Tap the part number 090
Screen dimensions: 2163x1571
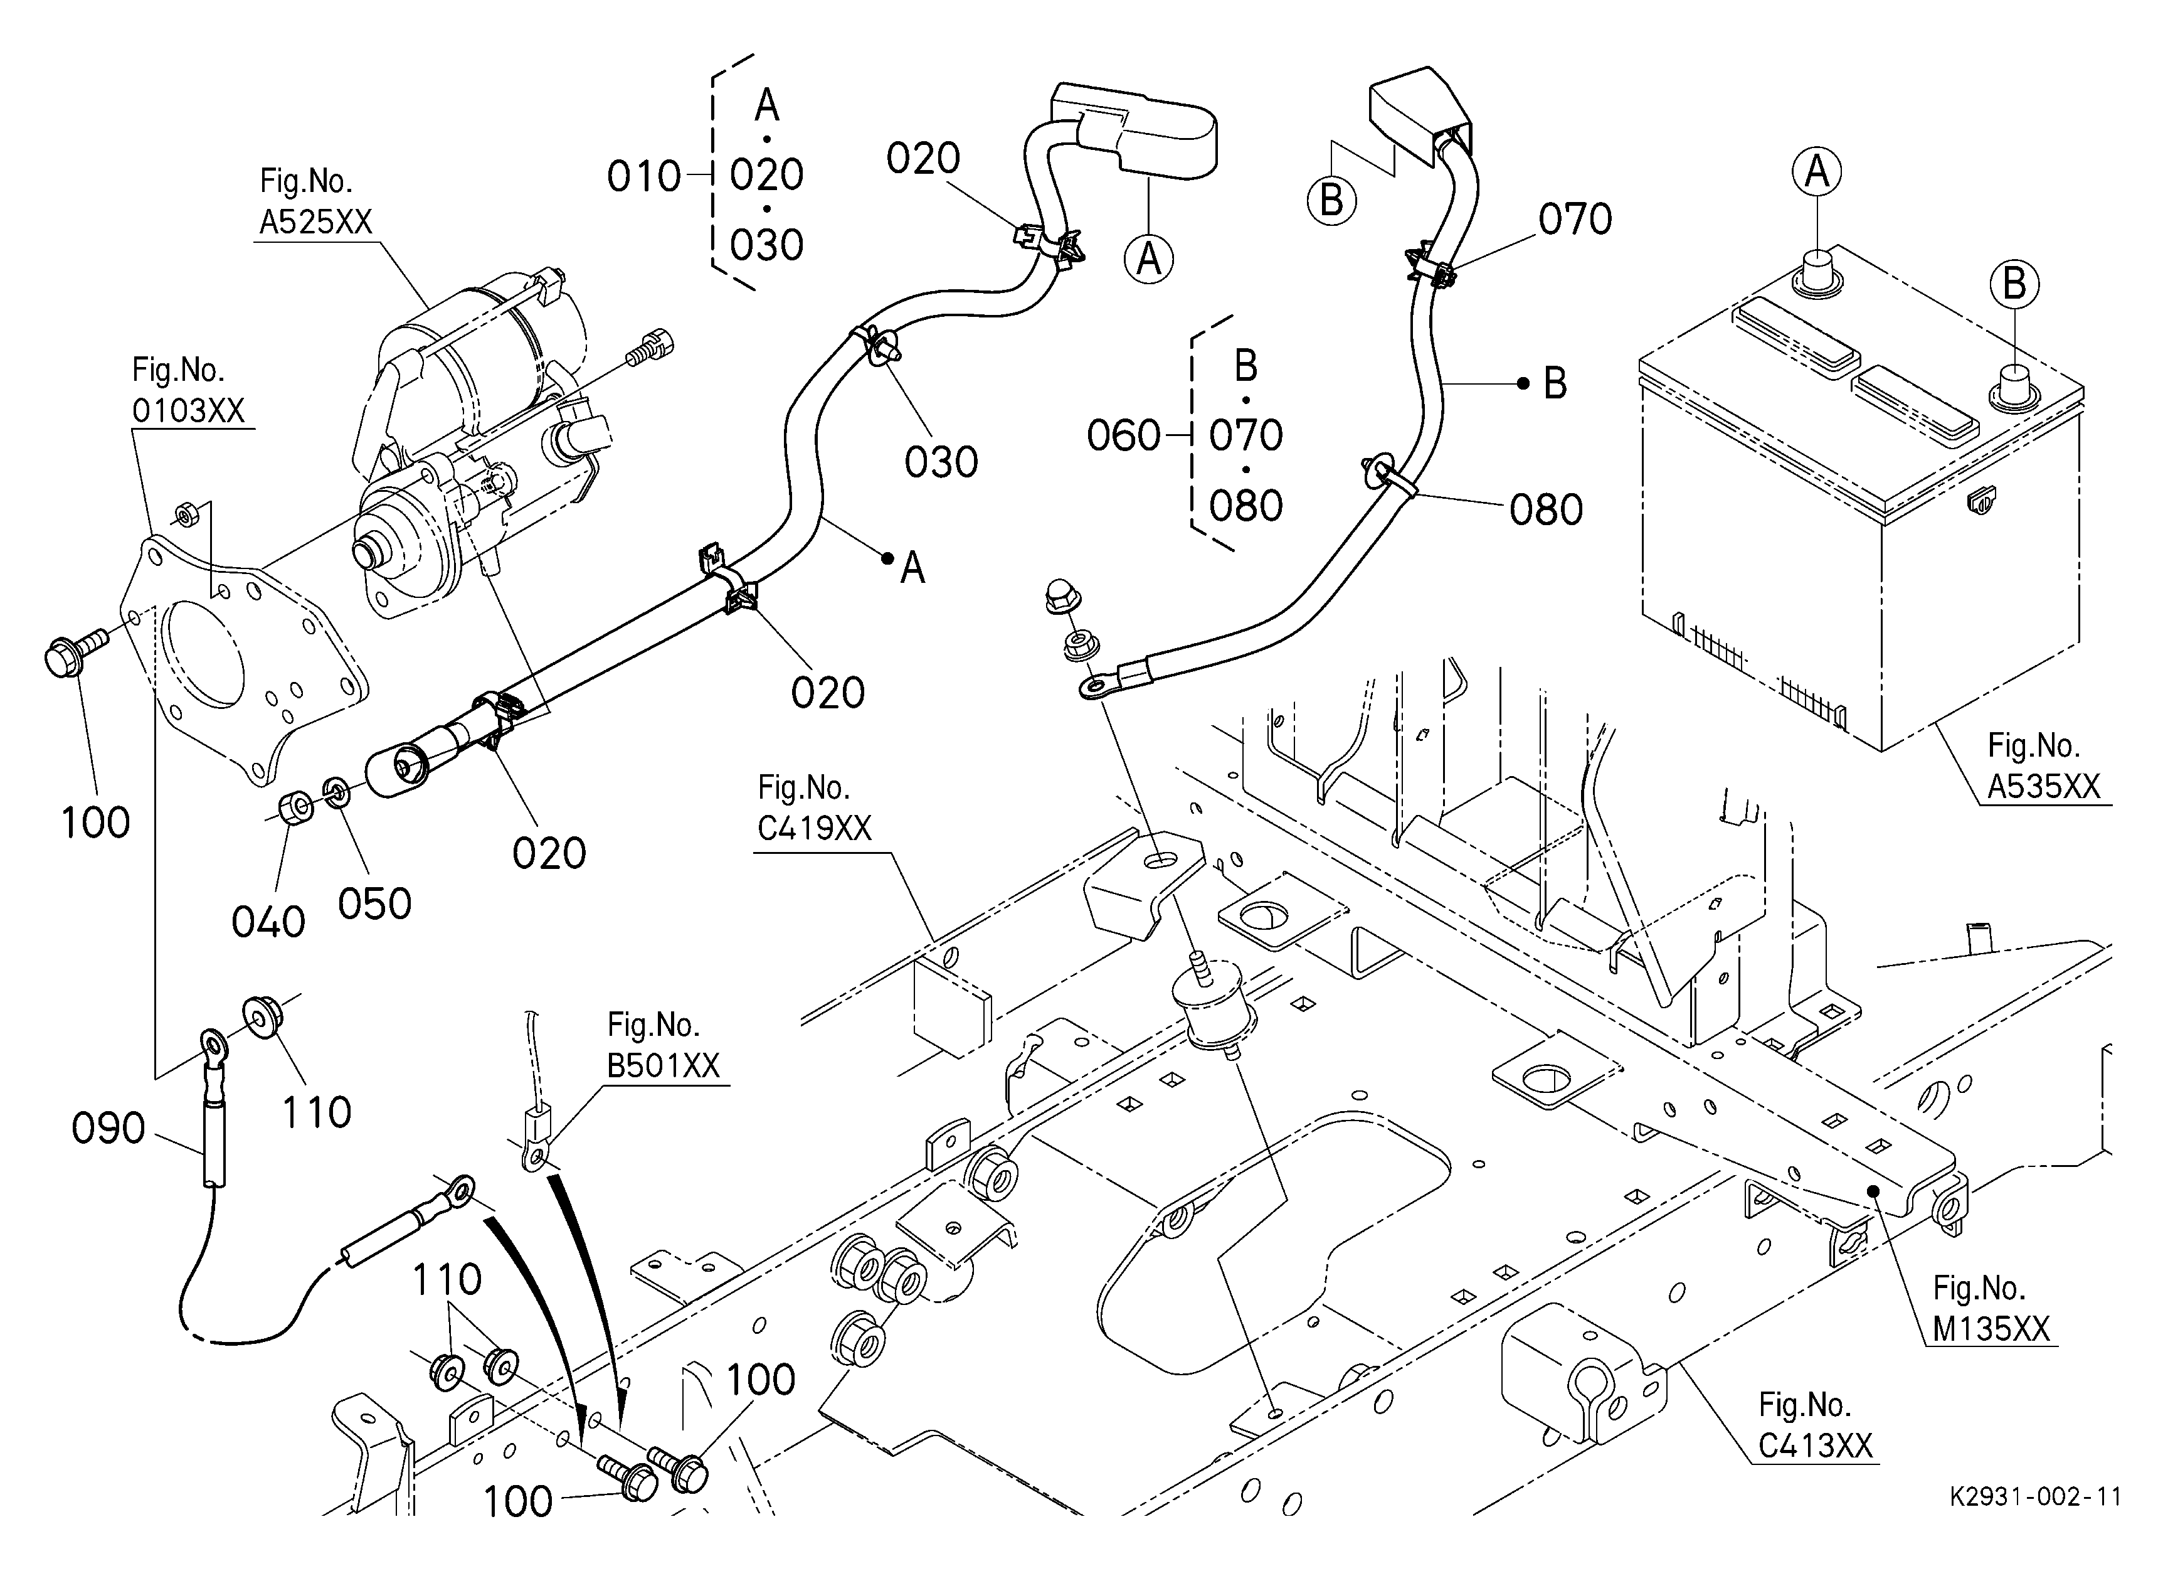point(108,1129)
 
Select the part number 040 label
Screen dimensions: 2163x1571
point(268,922)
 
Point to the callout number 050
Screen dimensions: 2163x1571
point(375,904)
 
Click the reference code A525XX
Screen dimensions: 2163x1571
point(315,222)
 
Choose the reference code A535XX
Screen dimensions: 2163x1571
point(2044,786)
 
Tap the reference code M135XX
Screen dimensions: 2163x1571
point(1991,1329)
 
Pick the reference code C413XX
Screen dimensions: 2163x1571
point(1816,1446)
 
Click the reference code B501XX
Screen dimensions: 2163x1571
point(663,1065)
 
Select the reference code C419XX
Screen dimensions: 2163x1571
point(815,828)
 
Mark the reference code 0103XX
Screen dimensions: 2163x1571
point(188,411)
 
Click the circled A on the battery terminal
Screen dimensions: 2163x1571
point(1817,173)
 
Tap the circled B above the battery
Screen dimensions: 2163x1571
point(2014,284)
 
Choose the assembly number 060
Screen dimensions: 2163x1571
point(1123,437)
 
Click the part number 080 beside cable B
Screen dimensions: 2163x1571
point(1546,510)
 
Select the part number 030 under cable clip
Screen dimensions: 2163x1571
point(941,462)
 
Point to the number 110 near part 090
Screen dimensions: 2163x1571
point(315,1113)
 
